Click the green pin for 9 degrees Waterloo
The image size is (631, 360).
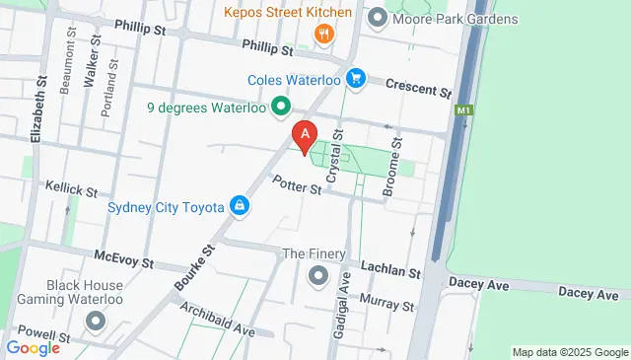(x=281, y=107)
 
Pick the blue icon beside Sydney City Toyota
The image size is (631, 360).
(x=239, y=205)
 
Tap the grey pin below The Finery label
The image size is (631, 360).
(x=318, y=275)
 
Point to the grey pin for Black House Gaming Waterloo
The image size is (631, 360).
(x=96, y=322)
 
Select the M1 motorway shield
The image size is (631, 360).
(x=464, y=112)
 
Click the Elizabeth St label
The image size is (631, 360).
(x=40, y=112)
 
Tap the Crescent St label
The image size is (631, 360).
(x=417, y=88)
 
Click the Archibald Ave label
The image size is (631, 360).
(x=217, y=322)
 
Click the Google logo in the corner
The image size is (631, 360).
(x=34, y=347)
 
